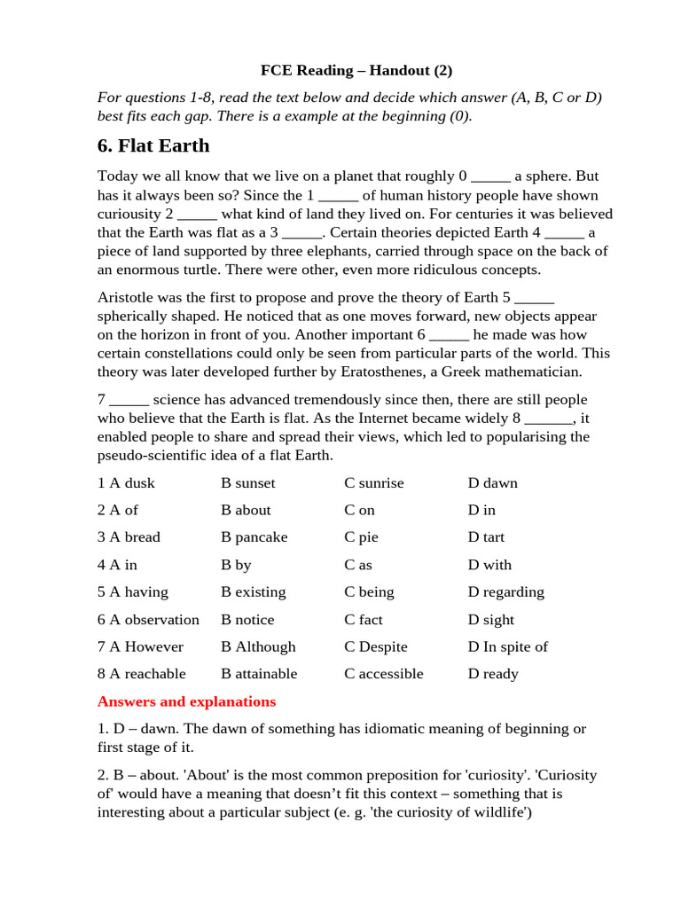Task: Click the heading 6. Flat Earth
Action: pos(153,145)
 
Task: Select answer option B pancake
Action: pos(254,537)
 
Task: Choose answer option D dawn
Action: pos(492,483)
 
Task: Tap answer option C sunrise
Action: pos(373,483)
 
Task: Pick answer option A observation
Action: pos(148,620)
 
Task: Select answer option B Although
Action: pos(258,647)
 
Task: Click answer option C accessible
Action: pos(384,674)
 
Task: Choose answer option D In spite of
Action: pos(507,647)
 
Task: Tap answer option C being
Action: pos(369,592)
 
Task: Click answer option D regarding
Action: pos(505,592)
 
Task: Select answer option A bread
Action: pos(129,537)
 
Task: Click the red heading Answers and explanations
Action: pos(186,702)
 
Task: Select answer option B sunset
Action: pos(248,483)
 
